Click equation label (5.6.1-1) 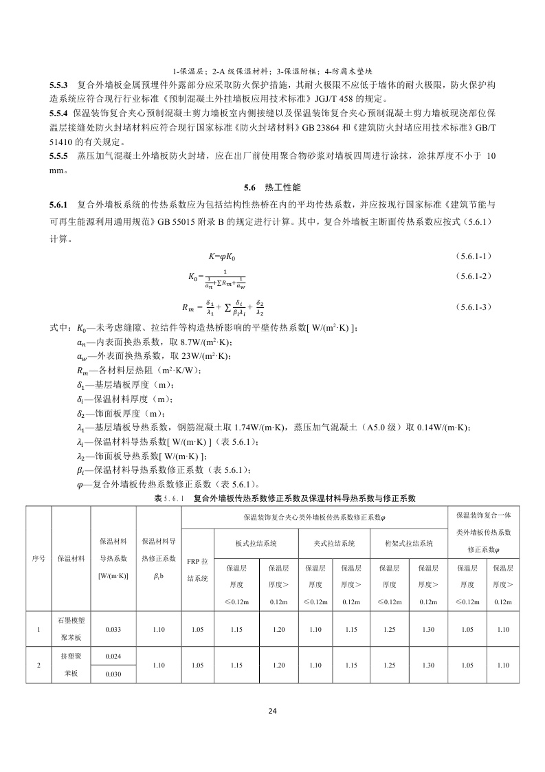tap(473, 256)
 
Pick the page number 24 tap(272, 711)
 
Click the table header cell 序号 tap(38, 558)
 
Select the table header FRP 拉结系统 tap(198, 569)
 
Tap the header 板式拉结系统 tap(256, 542)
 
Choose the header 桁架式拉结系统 tap(409, 542)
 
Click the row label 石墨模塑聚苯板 tap(71, 628)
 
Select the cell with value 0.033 tap(113, 628)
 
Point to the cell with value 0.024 tap(113, 656)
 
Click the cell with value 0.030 tap(113, 674)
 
